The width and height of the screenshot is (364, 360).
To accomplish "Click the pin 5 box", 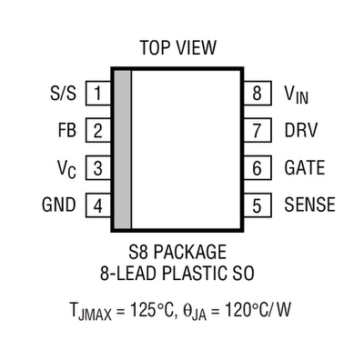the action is [257, 205].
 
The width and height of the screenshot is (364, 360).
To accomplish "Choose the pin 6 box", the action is [257, 168].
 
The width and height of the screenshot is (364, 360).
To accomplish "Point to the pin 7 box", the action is [257, 130].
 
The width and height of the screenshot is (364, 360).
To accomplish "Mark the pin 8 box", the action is [257, 93].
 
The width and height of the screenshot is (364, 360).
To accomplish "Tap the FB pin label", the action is [66, 130].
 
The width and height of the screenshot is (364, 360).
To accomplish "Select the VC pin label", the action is [66, 169].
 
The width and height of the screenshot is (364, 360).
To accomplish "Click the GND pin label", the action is [58, 205].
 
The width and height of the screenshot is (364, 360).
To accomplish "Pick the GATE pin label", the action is [305, 168].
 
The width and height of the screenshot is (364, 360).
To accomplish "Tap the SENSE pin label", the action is [309, 205].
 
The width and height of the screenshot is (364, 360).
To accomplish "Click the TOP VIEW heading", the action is [178, 47].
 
